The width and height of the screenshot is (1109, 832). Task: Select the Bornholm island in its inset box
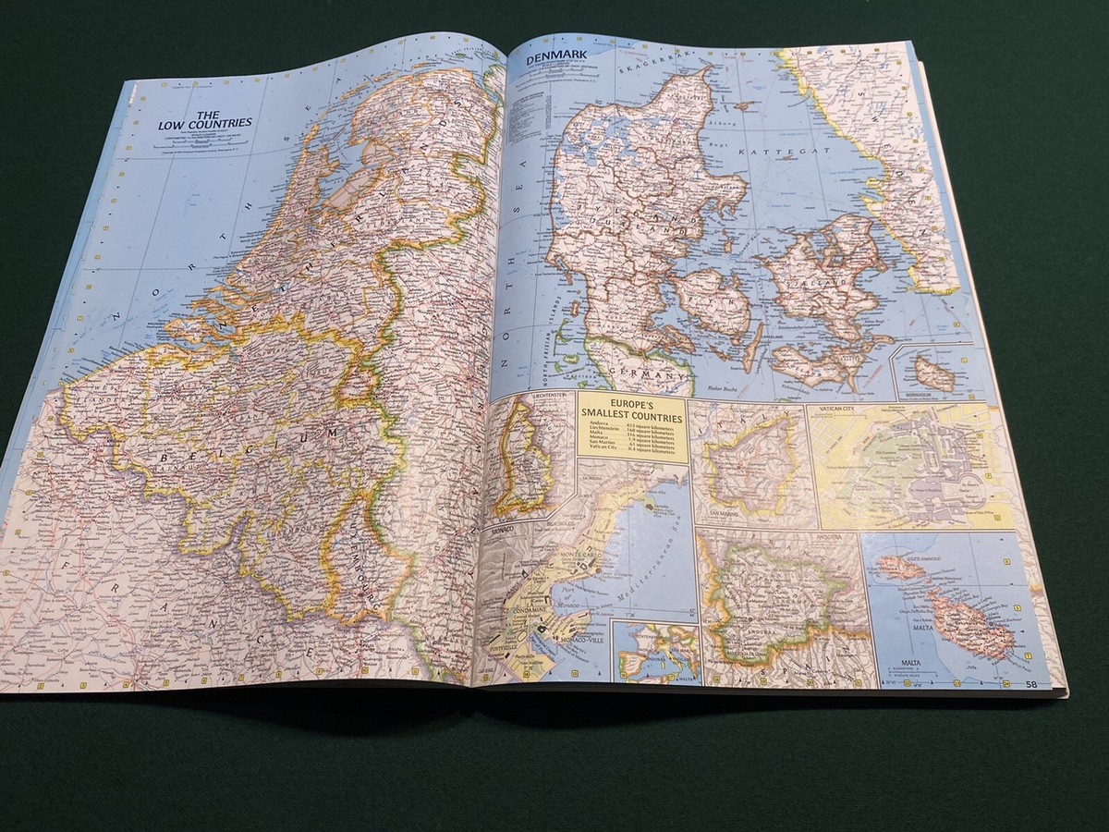932,373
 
